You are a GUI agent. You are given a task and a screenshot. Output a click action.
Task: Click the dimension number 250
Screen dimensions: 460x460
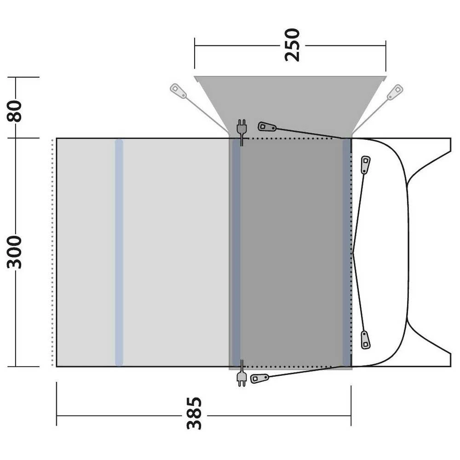(293, 45)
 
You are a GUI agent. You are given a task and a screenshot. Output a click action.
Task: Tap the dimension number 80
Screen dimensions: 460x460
(14, 111)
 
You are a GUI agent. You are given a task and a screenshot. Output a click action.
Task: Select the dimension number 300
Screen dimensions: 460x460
(14, 252)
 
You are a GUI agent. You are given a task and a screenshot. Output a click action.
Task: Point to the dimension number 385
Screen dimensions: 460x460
(194, 414)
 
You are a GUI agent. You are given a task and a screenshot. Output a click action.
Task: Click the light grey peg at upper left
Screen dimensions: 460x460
(178, 91)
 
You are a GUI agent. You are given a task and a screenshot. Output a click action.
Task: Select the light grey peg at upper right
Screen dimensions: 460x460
(395, 92)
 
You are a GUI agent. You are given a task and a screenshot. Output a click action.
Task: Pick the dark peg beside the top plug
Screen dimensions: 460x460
(267, 127)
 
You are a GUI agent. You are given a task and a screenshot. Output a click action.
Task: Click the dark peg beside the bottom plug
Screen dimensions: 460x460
(259, 379)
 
